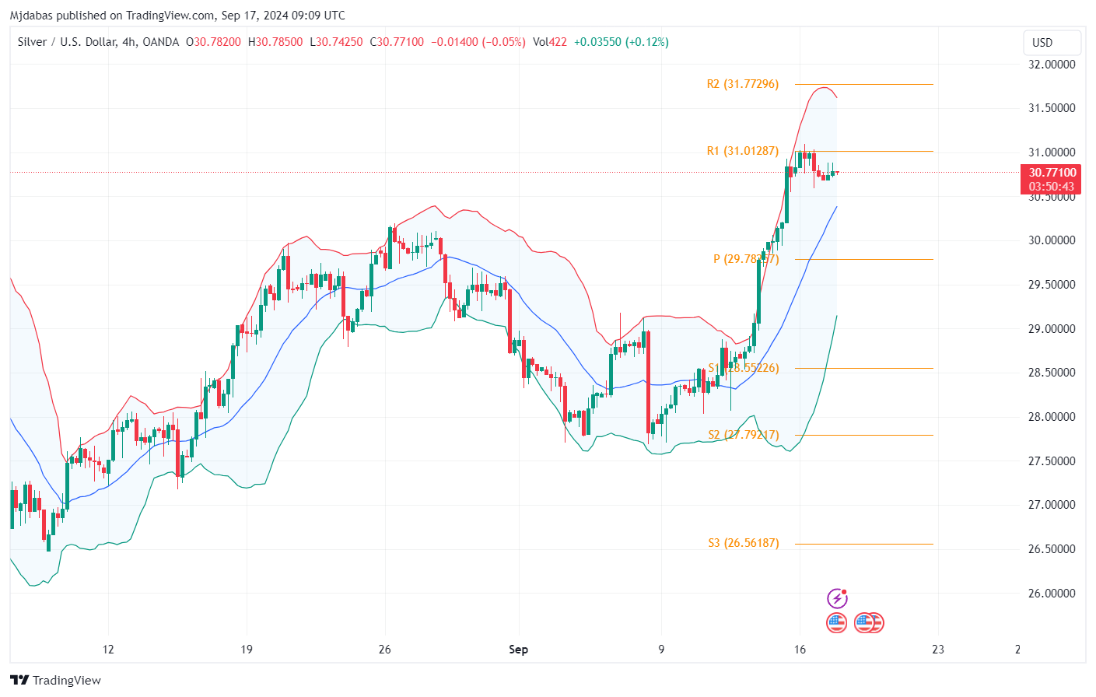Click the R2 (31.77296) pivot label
(742, 84)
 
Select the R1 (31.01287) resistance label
(742, 151)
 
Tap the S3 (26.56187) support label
(743, 543)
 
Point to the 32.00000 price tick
(1052, 65)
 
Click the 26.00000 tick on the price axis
(1052, 594)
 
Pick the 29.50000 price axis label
(1052, 285)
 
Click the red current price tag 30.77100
(1052, 173)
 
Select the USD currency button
(1042, 43)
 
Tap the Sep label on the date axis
(518, 650)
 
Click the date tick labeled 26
(384, 650)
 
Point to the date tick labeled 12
(108, 650)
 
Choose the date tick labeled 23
(938, 650)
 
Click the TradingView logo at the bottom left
(56, 681)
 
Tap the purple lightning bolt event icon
(837, 598)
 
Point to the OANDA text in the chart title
(161, 42)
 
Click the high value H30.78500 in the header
(275, 42)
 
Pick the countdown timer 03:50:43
(1052, 187)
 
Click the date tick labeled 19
(247, 650)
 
